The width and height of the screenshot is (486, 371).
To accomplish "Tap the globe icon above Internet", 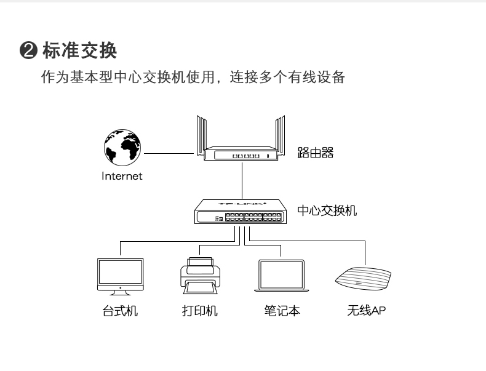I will coord(121,148).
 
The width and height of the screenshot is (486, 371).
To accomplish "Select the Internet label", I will coord(122,176).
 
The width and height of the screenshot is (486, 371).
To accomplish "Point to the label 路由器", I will coord(316,153).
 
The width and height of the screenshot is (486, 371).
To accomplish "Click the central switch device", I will coord(242,212).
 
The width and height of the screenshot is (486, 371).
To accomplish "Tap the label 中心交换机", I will coord(327,211).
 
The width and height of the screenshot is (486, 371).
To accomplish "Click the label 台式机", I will coord(120,311).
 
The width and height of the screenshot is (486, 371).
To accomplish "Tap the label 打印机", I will coord(200,311).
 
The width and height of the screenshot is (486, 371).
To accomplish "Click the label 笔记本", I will coord(282,311).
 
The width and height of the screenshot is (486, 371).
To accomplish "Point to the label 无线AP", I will coord(367,311).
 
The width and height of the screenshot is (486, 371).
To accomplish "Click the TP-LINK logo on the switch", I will coord(242,202).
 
